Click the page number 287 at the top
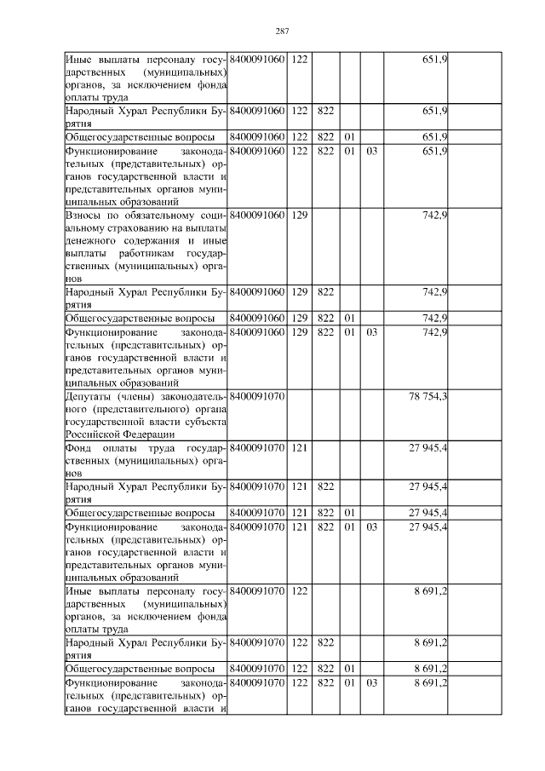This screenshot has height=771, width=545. pos(283,32)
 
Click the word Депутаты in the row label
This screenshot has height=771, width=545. pos(87,396)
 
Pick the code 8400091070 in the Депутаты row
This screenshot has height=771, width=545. pos(258,396)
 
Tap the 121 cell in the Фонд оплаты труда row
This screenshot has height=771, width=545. pos(299,447)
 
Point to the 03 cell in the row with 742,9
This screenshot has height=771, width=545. pos(371,331)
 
